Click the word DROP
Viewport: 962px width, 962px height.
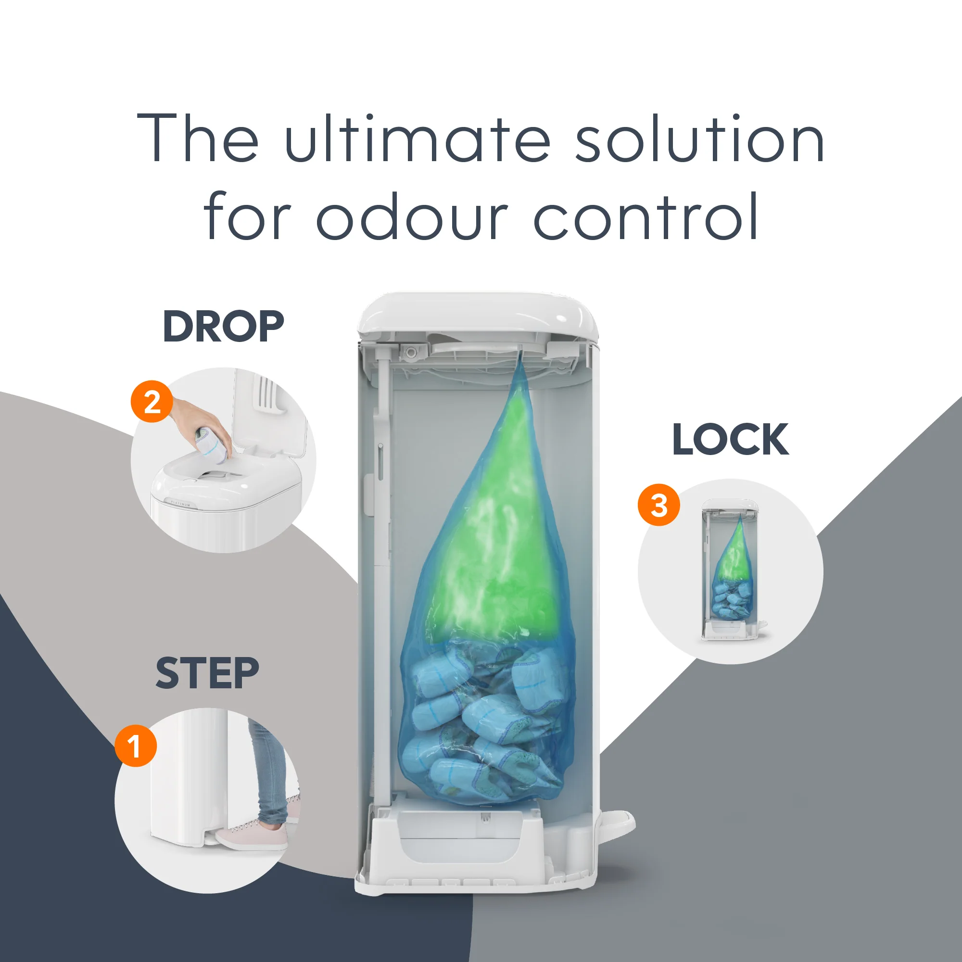[223, 326]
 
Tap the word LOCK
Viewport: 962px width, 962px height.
[730, 439]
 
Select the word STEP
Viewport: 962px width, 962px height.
[207, 673]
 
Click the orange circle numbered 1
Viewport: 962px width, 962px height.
[136, 746]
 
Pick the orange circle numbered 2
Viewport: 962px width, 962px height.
[152, 401]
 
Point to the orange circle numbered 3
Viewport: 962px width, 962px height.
[659, 505]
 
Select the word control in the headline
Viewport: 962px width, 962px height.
[646, 216]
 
